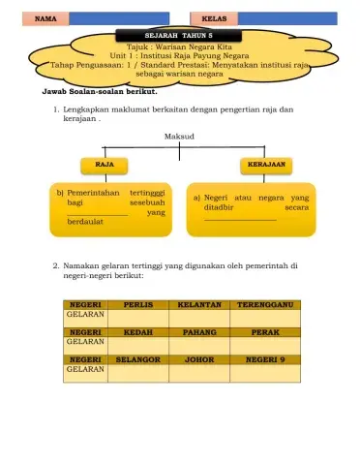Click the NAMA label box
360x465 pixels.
[x=44, y=18]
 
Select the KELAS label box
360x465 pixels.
[x=215, y=18]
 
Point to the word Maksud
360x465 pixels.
[x=180, y=138]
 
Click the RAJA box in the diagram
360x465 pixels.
[x=99, y=165]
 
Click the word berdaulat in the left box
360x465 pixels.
[x=85, y=222]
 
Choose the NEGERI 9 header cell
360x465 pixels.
[x=265, y=358]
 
